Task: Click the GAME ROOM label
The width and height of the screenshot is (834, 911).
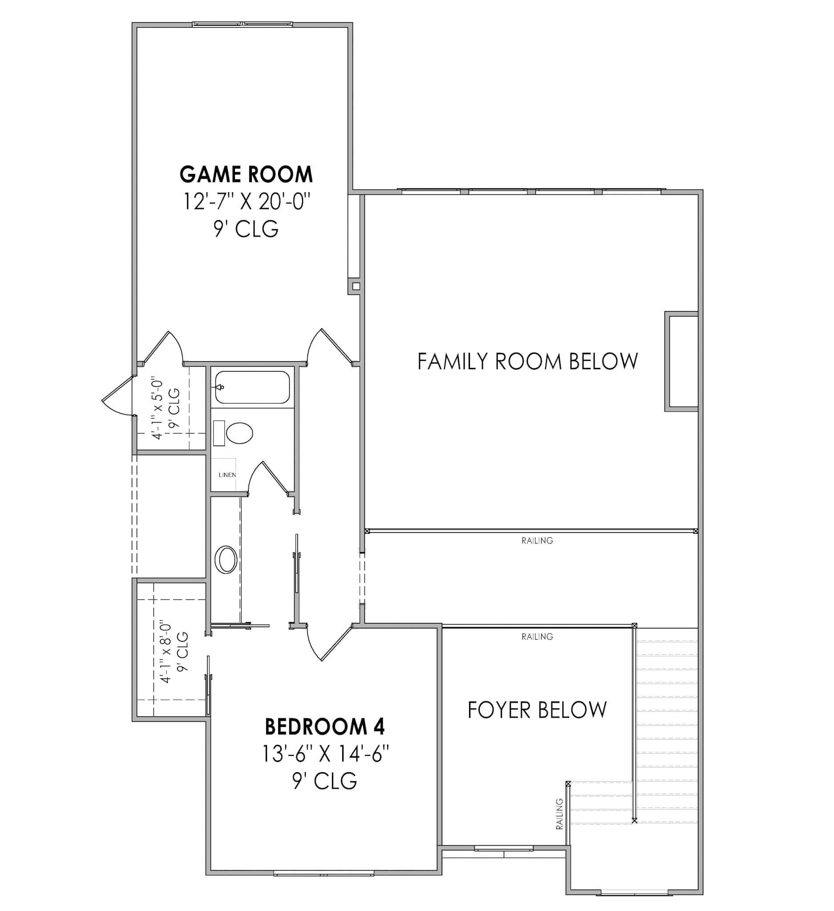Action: point(246,174)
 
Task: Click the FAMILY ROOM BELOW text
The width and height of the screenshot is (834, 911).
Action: point(527,362)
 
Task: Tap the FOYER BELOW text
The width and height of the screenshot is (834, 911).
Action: point(537,710)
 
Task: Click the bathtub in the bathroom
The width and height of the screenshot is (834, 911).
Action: point(252,387)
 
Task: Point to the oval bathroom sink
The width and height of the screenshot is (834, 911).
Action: point(226,560)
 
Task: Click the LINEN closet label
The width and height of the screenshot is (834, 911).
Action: point(227,475)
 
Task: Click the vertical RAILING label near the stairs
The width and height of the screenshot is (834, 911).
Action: point(559,814)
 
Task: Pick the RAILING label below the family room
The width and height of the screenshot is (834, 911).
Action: point(537,540)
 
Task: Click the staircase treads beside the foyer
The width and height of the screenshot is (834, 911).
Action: point(667,723)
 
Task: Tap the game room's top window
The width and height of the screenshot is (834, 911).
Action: point(242,24)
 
